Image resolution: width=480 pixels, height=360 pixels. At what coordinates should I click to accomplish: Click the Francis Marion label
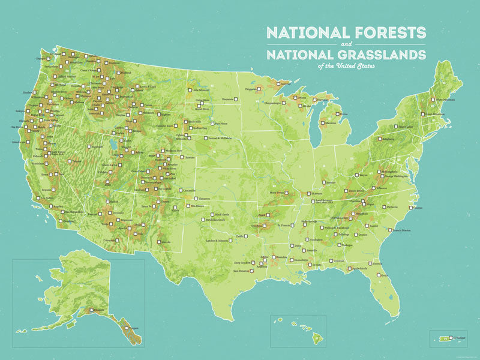403,230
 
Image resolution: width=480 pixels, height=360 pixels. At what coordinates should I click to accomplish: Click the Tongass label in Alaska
134,328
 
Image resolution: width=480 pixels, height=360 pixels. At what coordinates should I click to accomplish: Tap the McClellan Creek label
218,220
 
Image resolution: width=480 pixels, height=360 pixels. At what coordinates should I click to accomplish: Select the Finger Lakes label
406,127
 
